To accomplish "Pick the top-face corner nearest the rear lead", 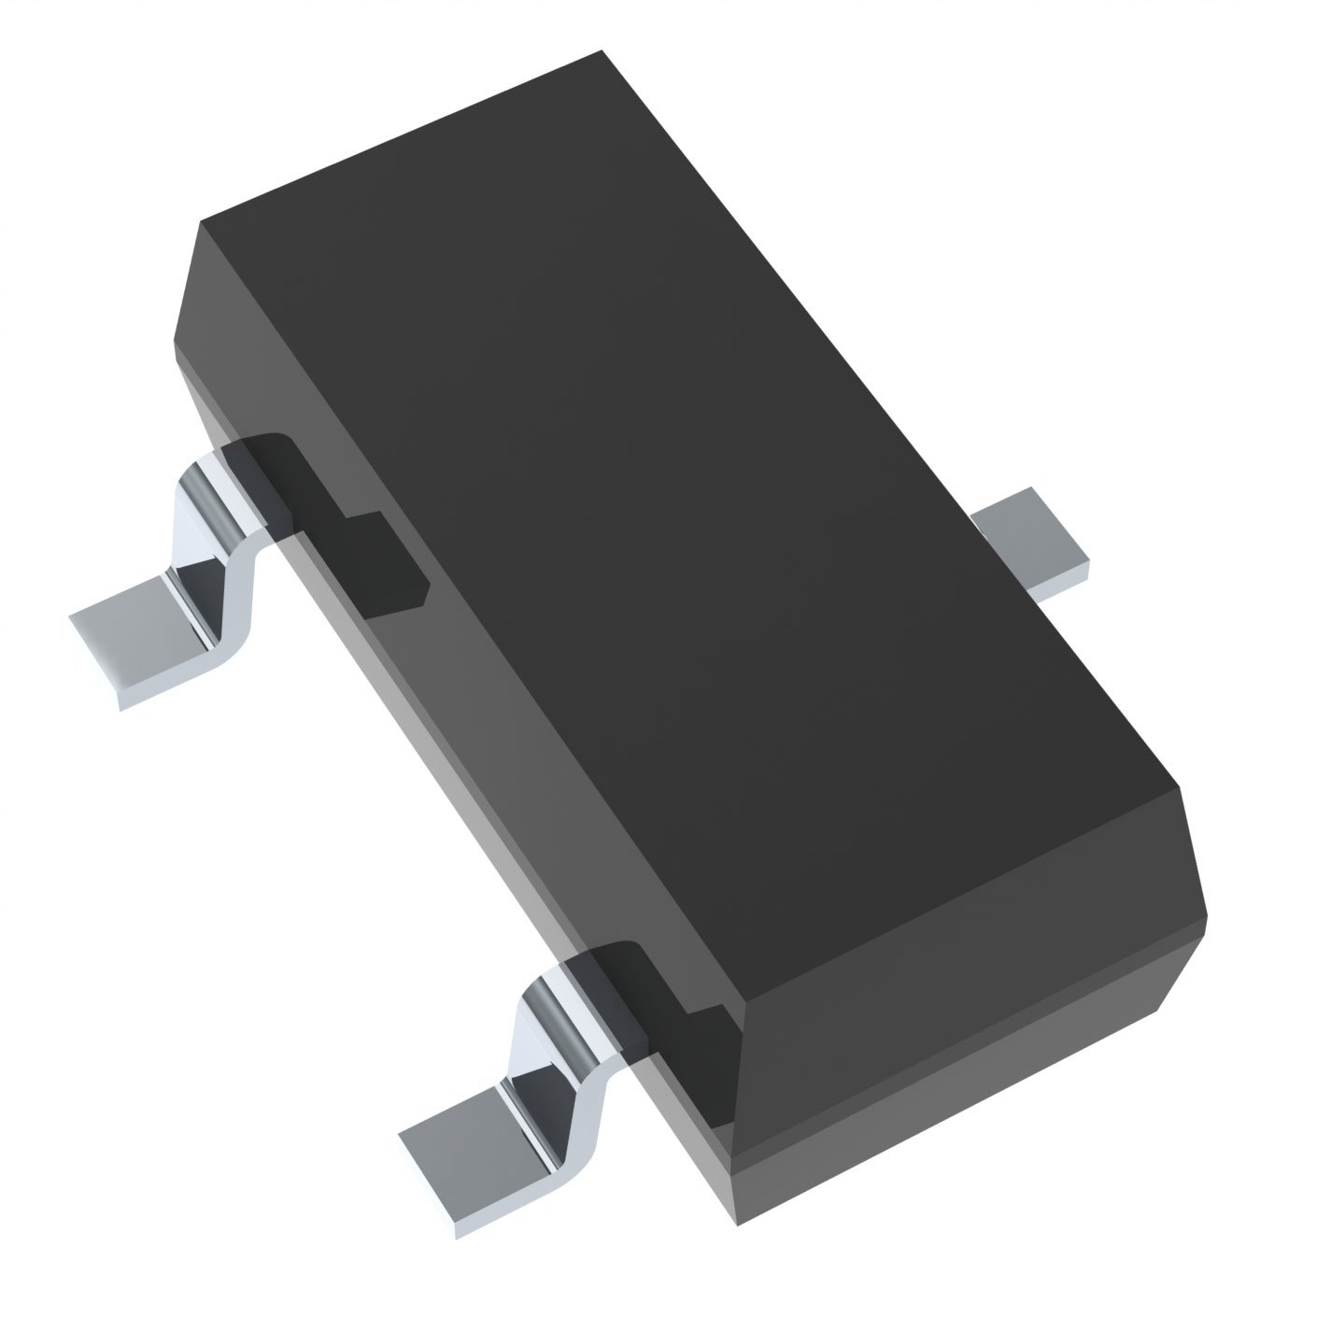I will [x=201, y=222].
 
